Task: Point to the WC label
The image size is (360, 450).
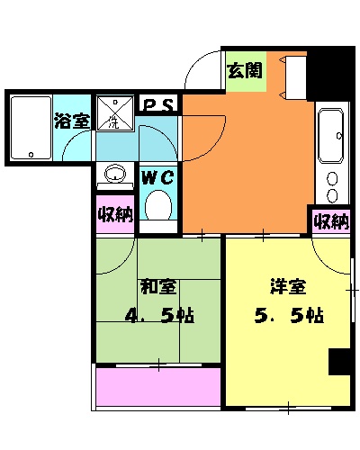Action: [157, 176]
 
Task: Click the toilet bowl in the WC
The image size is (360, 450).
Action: [158, 205]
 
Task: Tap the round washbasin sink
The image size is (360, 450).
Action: [114, 174]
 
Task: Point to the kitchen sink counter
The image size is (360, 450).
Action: [330, 153]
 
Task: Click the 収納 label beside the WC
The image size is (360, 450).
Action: [114, 215]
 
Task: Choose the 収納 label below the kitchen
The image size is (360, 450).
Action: [330, 221]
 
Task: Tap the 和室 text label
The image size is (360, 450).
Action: [157, 287]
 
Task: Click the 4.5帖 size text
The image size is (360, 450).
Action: [159, 317]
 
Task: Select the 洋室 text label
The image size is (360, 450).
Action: [289, 287]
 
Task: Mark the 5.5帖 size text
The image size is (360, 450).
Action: [289, 317]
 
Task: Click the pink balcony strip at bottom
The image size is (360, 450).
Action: [157, 387]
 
